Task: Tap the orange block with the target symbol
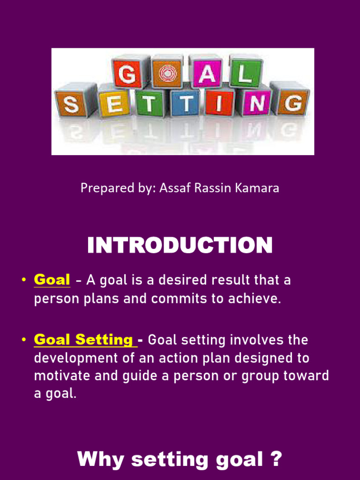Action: pyautogui.click(x=167, y=73)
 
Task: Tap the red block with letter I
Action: pyautogui.click(x=219, y=102)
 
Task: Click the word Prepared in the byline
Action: pyautogui.click(x=100, y=188)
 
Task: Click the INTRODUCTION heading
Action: pyautogui.click(x=180, y=246)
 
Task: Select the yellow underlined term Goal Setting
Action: pyautogui.click(x=84, y=339)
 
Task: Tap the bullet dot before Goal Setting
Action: pyautogui.click(x=23, y=340)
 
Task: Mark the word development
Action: pyautogui.click(x=69, y=358)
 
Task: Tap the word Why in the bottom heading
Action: pyautogui.click(x=100, y=459)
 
